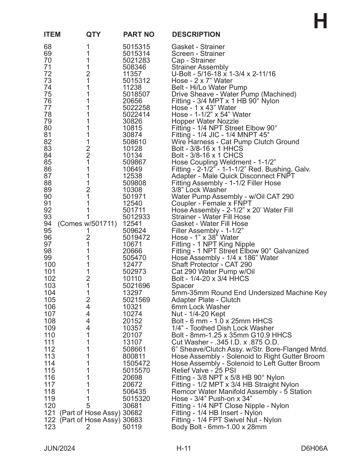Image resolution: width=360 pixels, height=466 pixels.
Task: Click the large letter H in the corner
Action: point(320,21)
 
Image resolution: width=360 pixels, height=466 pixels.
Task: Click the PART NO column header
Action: point(139,34)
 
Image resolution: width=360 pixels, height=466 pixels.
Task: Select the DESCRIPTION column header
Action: point(196,34)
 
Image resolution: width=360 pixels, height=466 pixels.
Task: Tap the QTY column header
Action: point(93,34)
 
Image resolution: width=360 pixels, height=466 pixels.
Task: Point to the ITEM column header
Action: point(52,34)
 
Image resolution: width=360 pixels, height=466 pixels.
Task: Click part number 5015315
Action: point(136,47)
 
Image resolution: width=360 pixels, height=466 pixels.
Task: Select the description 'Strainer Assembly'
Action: point(200,67)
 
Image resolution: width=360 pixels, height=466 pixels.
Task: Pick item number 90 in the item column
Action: point(48,197)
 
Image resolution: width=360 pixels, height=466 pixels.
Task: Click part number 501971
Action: point(134,197)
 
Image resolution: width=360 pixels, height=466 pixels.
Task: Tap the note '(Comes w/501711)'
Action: point(87,224)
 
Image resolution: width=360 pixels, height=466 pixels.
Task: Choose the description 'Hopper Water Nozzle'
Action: point(205,121)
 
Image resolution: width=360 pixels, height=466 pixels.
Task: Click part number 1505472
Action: point(136,363)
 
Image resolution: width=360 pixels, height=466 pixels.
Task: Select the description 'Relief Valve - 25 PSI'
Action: point(204,370)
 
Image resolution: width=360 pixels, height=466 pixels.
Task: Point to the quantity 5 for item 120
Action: point(88,406)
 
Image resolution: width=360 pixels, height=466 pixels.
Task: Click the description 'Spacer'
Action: point(183,286)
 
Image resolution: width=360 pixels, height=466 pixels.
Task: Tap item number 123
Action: point(50,427)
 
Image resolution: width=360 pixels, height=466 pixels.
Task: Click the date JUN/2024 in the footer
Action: point(59,448)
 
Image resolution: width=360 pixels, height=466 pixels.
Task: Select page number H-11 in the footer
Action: point(184,448)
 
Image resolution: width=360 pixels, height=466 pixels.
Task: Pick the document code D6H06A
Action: point(314,448)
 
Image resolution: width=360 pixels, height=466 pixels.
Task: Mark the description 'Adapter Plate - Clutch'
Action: point(206,300)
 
